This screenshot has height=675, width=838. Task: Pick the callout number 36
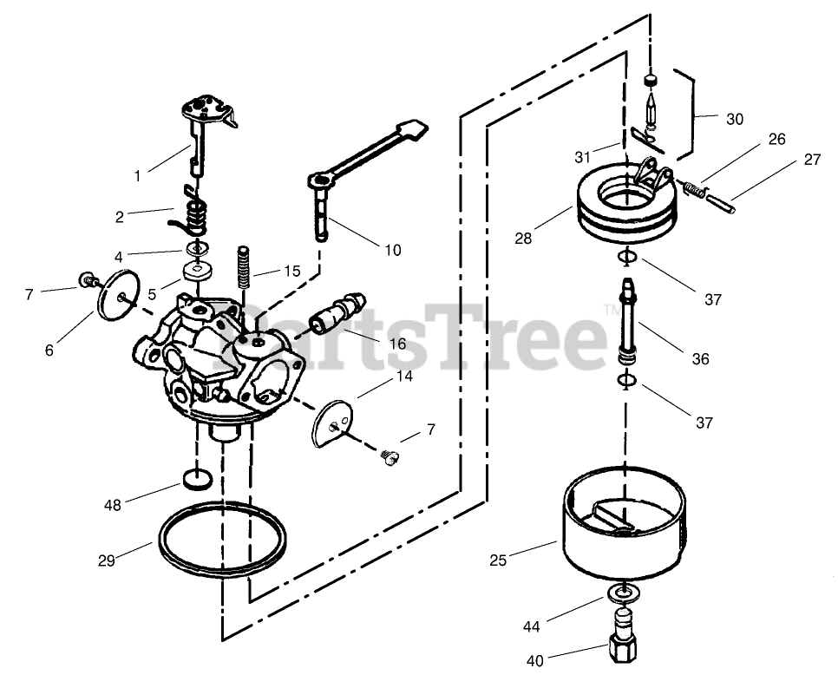pos(700,358)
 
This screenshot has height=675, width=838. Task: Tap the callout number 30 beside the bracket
pos(734,120)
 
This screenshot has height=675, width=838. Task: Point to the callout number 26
pos(776,138)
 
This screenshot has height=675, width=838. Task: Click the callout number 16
pos(397,344)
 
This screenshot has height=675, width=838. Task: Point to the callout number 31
pos(582,157)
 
